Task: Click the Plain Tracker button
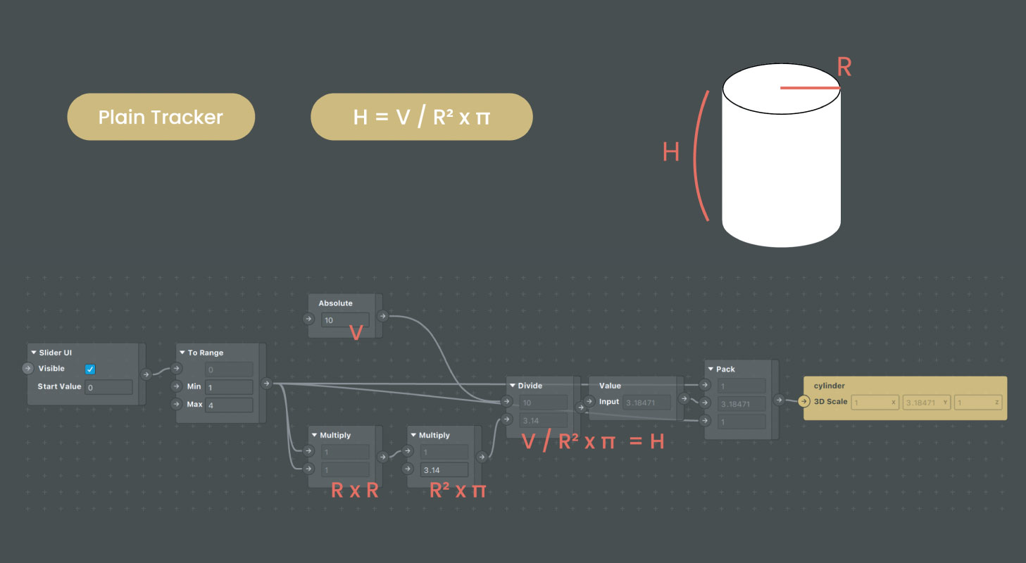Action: [161, 117]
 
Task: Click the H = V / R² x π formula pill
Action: [421, 117]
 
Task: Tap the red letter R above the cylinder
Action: [844, 68]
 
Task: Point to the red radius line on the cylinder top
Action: [811, 88]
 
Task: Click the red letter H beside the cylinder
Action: [670, 151]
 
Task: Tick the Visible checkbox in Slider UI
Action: [90, 369]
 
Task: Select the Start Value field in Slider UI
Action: [108, 387]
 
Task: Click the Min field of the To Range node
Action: [229, 387]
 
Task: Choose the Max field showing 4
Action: [229, 405]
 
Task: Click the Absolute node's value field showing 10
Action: [345, 320]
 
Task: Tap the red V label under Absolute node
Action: [356, 333]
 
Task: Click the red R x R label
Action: [354, 491]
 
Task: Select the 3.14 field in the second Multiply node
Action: [444, 470]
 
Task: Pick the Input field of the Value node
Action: [646, 403]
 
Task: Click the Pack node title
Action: [725, 369]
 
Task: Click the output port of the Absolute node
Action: [382, 316]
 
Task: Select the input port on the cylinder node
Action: [804, 402]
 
